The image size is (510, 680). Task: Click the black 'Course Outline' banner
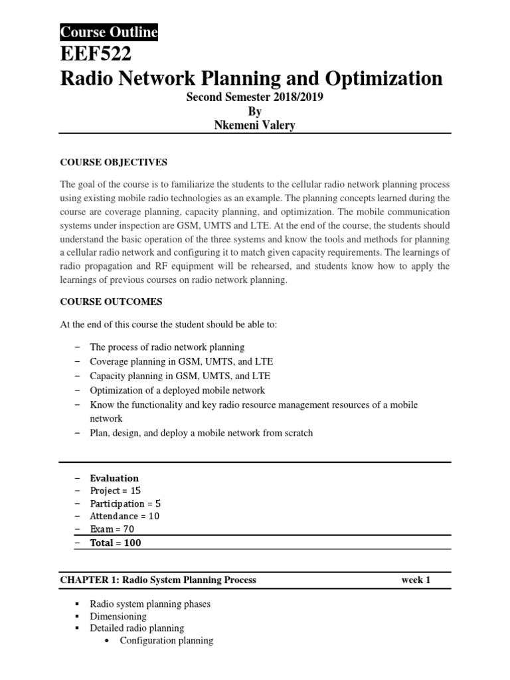click(x=109, y=32)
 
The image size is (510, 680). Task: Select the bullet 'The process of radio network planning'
click(x=167, y=347)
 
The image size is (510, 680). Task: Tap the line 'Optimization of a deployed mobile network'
click(x=177, y=390)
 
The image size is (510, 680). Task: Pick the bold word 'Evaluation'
click(x=114, y=478)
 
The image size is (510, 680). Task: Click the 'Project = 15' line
click(x=115, y=491)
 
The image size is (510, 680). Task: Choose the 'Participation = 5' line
click(x=126, y=503)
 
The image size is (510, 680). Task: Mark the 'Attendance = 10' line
click(x=124, y=516)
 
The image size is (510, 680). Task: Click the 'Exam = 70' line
click(x=111, y=529)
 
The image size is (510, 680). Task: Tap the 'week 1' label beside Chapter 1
click(x=416, y=580)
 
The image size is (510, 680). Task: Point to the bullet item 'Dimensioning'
click(x=118, y=616)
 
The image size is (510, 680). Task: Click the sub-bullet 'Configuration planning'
click(x=166, y=641)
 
